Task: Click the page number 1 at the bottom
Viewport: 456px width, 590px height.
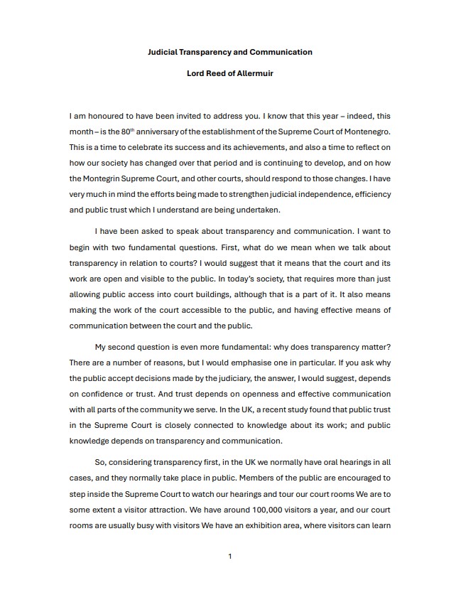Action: [229, 556]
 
